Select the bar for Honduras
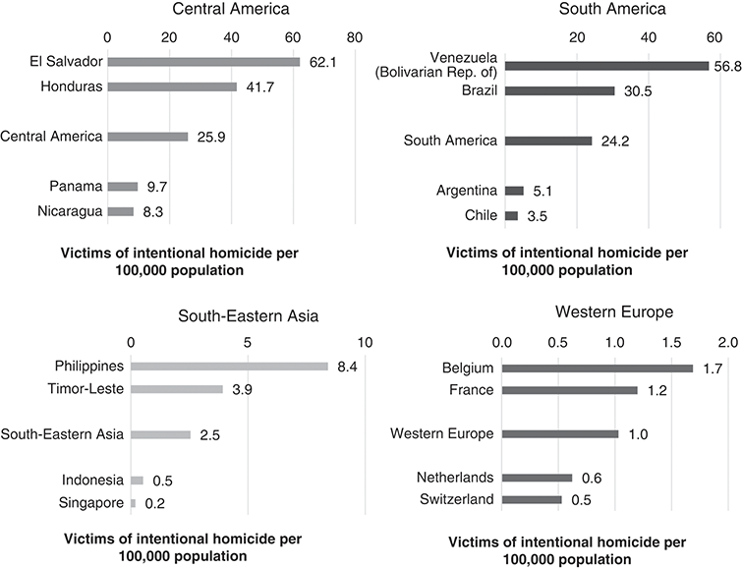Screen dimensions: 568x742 pos(171,86)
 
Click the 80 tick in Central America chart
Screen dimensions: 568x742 pos(356,37)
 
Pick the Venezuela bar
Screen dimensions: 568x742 pos(606,66)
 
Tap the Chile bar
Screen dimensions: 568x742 pos(511,215)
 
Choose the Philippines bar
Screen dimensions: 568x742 pos(229,366)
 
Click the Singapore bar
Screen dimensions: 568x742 pos(133,504)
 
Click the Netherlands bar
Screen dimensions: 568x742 pos(537,478)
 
